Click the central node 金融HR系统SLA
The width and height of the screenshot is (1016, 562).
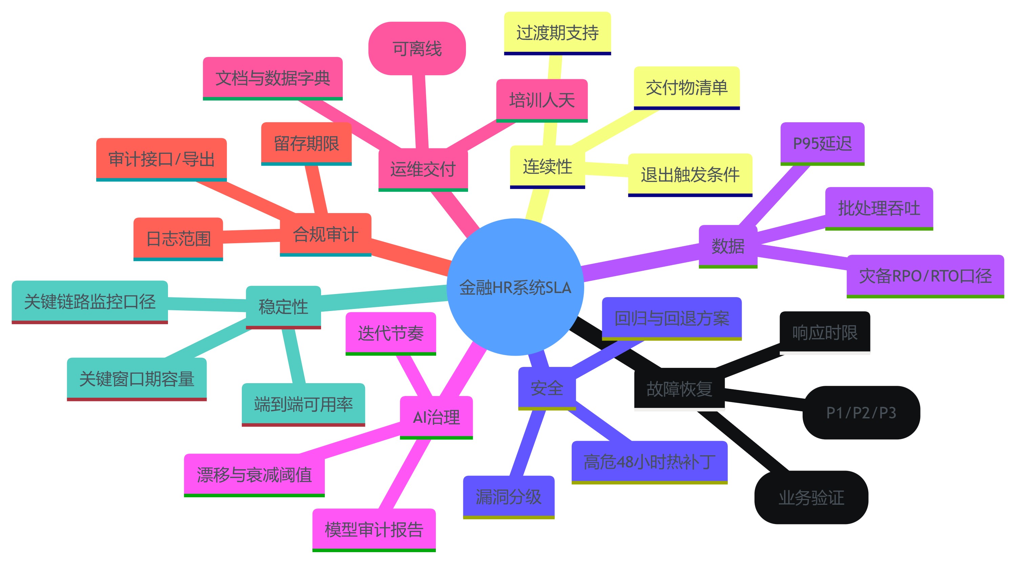tap(515, 287)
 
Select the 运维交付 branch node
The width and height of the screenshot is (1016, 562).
tap(423, 169)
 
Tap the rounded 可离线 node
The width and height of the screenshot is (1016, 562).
tap(417, 48)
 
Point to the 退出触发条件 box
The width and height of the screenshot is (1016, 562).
tap(690, 174)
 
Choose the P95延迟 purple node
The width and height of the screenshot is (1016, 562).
tap(822, 143)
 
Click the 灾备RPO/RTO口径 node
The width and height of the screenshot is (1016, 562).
tap(925, 276)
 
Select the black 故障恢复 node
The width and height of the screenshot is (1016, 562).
tap(679, 389)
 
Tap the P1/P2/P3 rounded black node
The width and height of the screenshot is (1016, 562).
tap(861, 413)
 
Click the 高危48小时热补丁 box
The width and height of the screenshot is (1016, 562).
tap(649, 461)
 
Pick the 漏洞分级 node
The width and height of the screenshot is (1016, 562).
tap(508, 497)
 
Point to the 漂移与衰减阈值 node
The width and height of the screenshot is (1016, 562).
tap(254, 475)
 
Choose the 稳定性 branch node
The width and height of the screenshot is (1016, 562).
tap(283, 307)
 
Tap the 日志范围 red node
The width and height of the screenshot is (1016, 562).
tap(178, 238)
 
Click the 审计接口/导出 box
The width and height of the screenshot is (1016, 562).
tap(161, 159)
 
